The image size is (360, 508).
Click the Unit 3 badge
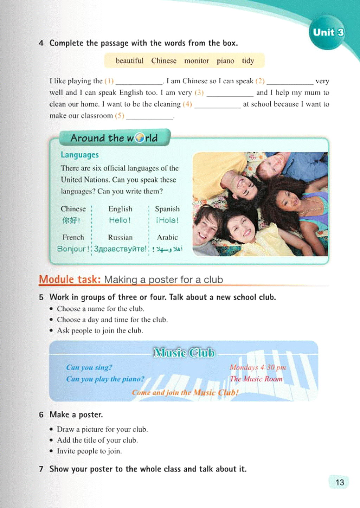(328, 32)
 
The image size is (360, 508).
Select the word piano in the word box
(225, 61)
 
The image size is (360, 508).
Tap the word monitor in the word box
(197, 61)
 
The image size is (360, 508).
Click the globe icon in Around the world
(140, 138)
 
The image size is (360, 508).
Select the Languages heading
(79, 155)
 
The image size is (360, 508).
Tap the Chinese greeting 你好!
(71, 220)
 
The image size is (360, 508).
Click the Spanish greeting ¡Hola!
(167, 220)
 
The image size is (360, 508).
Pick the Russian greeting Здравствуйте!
(120, 249)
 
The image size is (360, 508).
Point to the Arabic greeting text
(168, 249)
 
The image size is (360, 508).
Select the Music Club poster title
(184, 353)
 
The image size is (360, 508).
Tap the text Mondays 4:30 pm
(258, 367)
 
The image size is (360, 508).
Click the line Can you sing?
(89, 367)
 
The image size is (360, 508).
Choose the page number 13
(340, 482)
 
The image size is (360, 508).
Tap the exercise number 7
(41, 469)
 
